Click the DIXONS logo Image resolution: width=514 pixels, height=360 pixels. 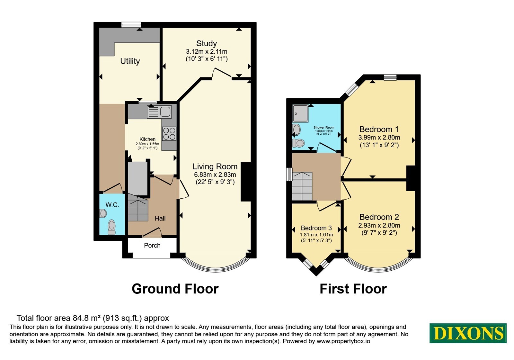(468, 333)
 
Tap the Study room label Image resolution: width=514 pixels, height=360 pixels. (207, 43)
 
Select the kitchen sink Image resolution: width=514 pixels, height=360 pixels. (159, 112)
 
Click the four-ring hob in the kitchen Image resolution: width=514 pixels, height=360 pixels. (169, 134)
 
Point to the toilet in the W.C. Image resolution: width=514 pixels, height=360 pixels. (112, 227)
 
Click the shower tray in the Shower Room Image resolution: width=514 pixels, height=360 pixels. (300, 113)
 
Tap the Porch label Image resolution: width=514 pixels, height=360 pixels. (152, 246)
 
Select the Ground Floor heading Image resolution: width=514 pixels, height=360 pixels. (175, 289)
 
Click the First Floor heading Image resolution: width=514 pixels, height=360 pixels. (353, 289)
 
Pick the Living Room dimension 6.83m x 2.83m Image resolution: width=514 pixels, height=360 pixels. (215, 175)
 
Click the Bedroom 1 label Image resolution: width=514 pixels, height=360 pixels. (379, 129)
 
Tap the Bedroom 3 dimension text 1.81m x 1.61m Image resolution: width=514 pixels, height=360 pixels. (316, 235)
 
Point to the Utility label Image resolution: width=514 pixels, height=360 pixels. (130, 61)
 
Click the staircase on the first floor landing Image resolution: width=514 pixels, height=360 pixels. (302, 186)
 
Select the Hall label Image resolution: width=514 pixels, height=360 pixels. (160, 218)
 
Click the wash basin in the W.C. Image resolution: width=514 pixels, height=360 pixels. (103, 213)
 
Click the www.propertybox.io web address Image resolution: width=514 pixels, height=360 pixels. (343, 341)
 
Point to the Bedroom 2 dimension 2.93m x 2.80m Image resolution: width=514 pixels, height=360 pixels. (379, 225)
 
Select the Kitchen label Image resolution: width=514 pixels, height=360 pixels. (147, 139)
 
